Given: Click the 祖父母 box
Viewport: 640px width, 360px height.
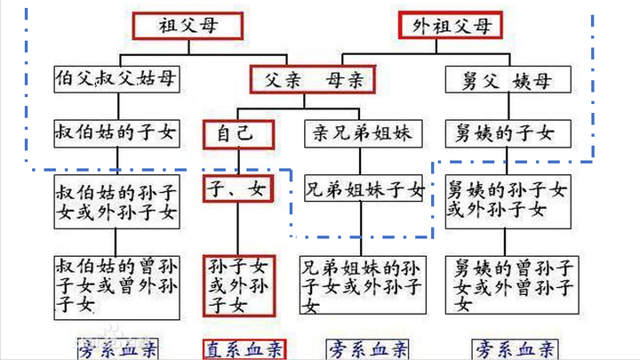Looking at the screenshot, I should coord(188,25).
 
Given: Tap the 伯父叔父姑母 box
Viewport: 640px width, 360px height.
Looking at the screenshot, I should coord(116,80).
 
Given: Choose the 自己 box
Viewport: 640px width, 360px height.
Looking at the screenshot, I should coord(235,134).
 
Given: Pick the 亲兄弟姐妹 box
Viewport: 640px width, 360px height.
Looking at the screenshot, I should coord(361,135).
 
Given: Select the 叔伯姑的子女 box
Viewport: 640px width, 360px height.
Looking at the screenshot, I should coord(116,134).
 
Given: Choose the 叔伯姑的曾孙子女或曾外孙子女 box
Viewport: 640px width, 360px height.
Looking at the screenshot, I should coord(116,284).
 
